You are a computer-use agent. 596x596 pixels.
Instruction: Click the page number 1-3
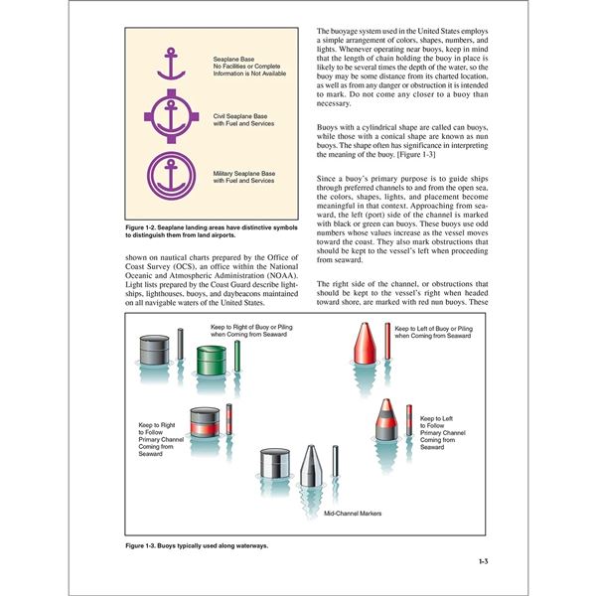click(x=482, y=562)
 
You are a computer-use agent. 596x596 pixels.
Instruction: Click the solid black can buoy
click(x=155, y=349)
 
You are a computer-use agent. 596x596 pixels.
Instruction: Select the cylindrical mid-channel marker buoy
click(x=272, y=467)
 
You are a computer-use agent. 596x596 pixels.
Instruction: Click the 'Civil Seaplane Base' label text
click(x=240, y=116)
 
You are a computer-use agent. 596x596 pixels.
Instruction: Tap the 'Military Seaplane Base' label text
click(x=244, y=173)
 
